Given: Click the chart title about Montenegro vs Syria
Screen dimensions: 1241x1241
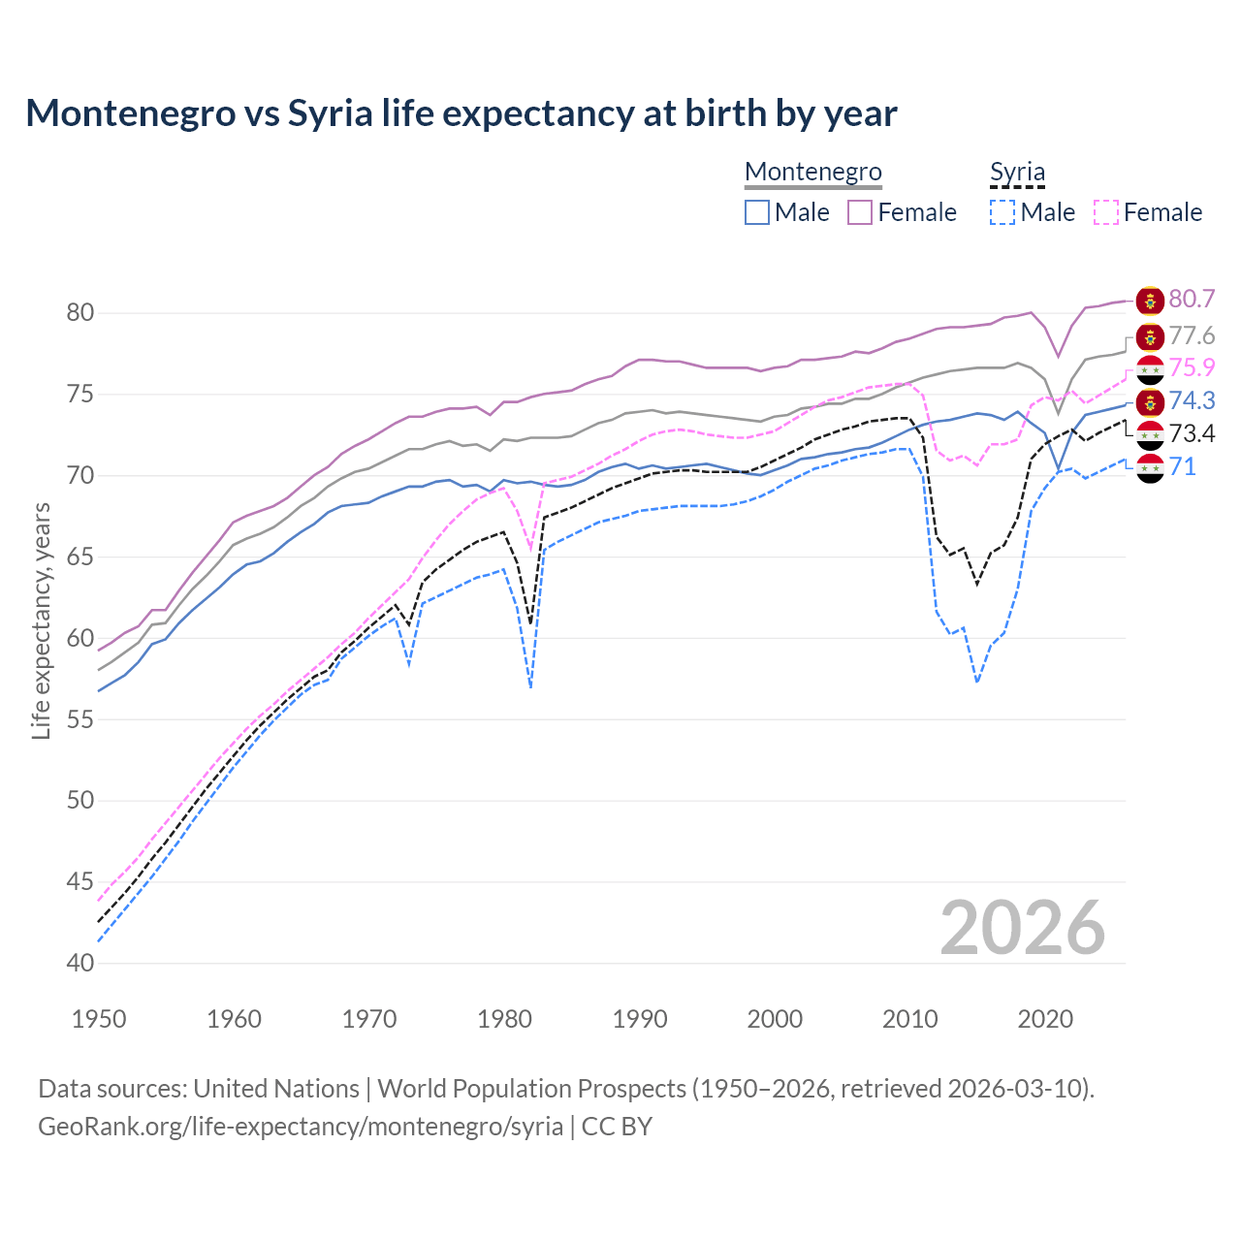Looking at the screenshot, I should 461,113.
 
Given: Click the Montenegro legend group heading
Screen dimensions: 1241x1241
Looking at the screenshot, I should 812,173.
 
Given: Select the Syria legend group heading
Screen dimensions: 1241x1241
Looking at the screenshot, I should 1017,173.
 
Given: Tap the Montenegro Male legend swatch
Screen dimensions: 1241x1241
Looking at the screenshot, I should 757,212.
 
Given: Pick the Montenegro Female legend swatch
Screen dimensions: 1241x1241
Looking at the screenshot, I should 860,212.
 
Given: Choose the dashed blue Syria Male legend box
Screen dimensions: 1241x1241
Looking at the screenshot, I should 1002,212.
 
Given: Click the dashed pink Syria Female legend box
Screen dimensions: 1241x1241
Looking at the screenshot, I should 1106,212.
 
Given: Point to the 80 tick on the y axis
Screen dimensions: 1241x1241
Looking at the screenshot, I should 80,312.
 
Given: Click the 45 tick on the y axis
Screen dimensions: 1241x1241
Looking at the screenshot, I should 80,881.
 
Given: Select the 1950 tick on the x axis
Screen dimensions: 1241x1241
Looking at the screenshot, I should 99,1019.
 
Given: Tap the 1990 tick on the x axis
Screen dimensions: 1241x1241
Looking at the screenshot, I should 640,1019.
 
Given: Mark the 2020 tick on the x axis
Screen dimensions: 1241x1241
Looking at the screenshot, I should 1045,1019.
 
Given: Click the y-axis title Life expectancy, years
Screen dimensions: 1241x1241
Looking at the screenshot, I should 41,620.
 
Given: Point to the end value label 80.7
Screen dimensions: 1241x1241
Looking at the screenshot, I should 1192,300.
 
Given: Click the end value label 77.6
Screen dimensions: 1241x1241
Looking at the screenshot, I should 1192,336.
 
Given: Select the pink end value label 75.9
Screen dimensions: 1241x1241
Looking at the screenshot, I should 1192,368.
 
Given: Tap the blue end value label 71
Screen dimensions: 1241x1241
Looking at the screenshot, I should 1183,467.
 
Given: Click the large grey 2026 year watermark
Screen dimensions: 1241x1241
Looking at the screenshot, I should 1022,928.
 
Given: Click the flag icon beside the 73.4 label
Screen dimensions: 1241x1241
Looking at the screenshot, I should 1150,434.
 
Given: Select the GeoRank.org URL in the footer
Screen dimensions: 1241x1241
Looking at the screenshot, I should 301,1127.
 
